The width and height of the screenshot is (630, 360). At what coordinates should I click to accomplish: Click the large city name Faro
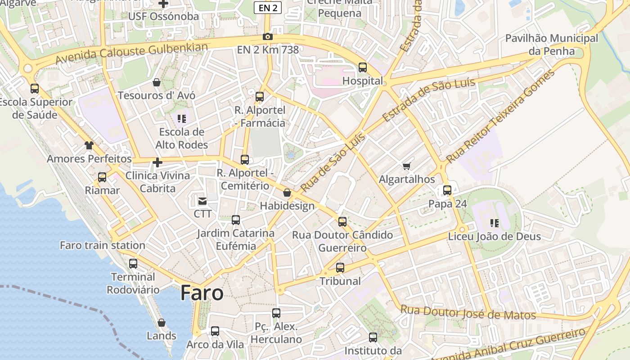[x=202, y=293]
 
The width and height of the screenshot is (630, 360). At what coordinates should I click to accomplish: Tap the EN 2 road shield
[x=268, y=8]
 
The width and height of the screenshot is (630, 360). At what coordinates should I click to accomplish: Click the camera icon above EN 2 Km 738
[x=268, y=37]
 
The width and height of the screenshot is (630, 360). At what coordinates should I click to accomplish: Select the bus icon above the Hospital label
[x=363, y=67]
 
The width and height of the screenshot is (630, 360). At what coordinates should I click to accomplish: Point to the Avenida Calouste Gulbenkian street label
[x=132, y=53]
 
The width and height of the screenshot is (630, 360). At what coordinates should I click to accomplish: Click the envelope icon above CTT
[x=202, y=201]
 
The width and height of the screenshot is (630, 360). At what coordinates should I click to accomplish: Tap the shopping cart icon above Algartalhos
[x=407, y=166]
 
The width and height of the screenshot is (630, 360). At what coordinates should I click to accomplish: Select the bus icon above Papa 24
[x=447, y=190]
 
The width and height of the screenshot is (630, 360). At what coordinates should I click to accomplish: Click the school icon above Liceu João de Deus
[x=495, y=223]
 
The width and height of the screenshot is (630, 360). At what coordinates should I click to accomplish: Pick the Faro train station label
[x=103, y=245]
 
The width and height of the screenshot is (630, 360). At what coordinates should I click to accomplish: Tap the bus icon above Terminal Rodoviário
[x=133, y=264]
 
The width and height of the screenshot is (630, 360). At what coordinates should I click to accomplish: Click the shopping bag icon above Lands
[x=162, y=323]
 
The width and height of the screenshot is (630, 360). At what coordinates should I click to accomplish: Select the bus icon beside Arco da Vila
[x=215, y=331]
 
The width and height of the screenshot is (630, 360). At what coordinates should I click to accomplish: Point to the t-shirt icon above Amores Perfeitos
[x=89, y=145]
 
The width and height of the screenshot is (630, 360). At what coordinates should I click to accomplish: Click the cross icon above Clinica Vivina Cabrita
[x=157, y=162]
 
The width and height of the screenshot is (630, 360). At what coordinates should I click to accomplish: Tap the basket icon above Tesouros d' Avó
[x=157, y=82]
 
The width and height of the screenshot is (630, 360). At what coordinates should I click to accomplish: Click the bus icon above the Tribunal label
[x=340, y=268]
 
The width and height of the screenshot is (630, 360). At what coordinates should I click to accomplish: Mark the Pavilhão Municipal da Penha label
[x=552, y=45]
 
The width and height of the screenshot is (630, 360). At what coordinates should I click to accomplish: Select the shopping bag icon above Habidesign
[x=287, y=193]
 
